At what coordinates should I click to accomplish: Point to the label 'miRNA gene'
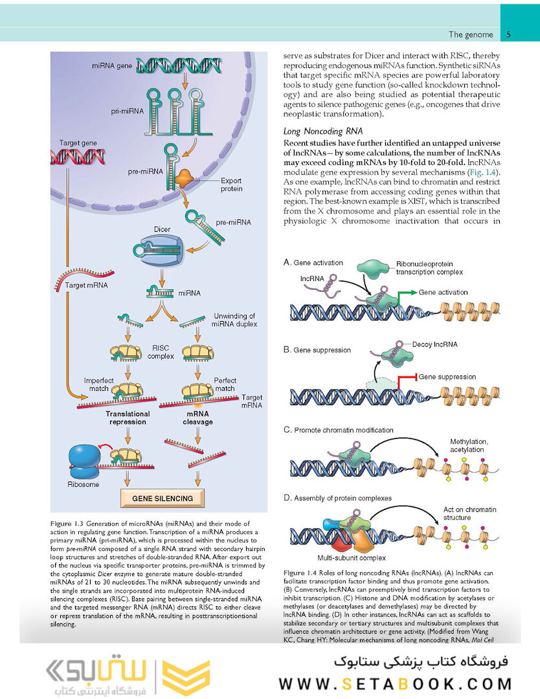coord(112,66)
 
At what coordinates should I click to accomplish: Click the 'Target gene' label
coord(78,142)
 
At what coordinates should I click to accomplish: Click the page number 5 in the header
coord(509,34)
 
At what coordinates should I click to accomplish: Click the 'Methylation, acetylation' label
coord(473,445)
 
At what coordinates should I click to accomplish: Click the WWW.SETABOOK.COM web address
coord(396,683)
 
